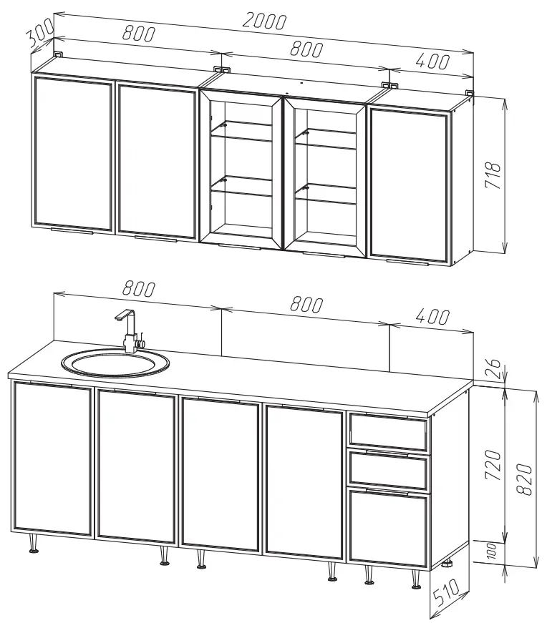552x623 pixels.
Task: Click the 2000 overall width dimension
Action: [x=264, y=21]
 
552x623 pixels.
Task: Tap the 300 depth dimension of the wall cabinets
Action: [x=39, y=32]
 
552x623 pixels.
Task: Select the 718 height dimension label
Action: [x=493, y=175]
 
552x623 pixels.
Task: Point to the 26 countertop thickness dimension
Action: [x=493, y=363]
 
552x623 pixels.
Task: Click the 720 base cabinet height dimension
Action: [x=493, y=464]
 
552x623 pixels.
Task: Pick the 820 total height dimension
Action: [x=525, y=479]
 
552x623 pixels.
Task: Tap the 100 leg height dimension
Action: [x=491, y=551]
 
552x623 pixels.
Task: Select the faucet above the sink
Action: [x=130, y=331]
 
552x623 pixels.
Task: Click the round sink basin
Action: [x=115, y=363]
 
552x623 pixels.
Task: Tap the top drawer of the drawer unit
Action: [x=388, y=432]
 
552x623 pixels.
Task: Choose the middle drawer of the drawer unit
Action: [x=389, y=469]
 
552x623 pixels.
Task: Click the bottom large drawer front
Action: [x=389, y=527]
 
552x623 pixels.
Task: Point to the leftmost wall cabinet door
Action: [x=72, y=154]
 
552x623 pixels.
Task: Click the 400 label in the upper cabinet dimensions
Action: [x=432, y=62]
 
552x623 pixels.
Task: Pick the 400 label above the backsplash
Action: [x=432, y=316]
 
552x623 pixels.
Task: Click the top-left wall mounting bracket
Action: [x=59, y=54]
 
